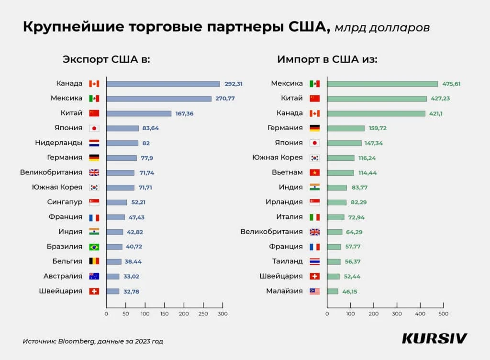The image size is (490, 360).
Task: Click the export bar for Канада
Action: [163, 84]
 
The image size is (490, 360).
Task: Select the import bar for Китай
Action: [377, 99]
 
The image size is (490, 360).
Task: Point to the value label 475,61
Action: [451, 84]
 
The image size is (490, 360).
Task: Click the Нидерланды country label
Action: [59, 143]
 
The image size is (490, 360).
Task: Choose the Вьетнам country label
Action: [287, 172]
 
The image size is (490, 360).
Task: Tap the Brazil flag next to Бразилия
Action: [94, 247]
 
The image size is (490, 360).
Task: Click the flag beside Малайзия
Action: [314, 291]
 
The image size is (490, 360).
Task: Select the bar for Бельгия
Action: [114, 261]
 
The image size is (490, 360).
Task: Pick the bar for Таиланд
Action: [334, 261]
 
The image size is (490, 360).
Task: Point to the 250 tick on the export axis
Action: [203, 314]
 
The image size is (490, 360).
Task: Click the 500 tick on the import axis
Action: [444, 314]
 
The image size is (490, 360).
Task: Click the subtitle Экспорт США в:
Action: [107, 59]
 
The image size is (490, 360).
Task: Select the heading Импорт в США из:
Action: [327, 59]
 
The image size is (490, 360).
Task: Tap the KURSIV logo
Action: [434, 338]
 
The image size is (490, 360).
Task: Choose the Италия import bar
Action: [335, 217]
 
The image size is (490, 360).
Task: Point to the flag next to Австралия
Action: [94, 276]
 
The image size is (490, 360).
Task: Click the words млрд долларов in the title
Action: [382, 27]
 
